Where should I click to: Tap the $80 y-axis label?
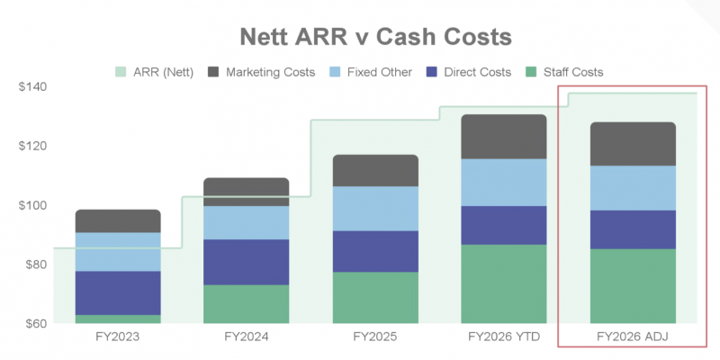click(x=35, y=265)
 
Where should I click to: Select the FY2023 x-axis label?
click(x=117, y=337)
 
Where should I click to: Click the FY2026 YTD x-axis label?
click(x=503, y=337)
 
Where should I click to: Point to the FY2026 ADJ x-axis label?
click(x=633, y=337)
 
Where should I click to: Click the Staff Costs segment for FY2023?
click(x=118, y=319)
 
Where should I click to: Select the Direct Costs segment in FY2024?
click(x=247, y=262)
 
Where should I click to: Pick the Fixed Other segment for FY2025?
click(x=375, y=208)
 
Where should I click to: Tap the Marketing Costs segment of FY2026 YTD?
click(x=504, y=137)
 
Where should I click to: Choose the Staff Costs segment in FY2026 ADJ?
click(x=633, y=285)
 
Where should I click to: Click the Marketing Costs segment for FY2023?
click(x=118, y=221)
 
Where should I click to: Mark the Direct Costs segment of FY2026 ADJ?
click(x=633, y=229)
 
